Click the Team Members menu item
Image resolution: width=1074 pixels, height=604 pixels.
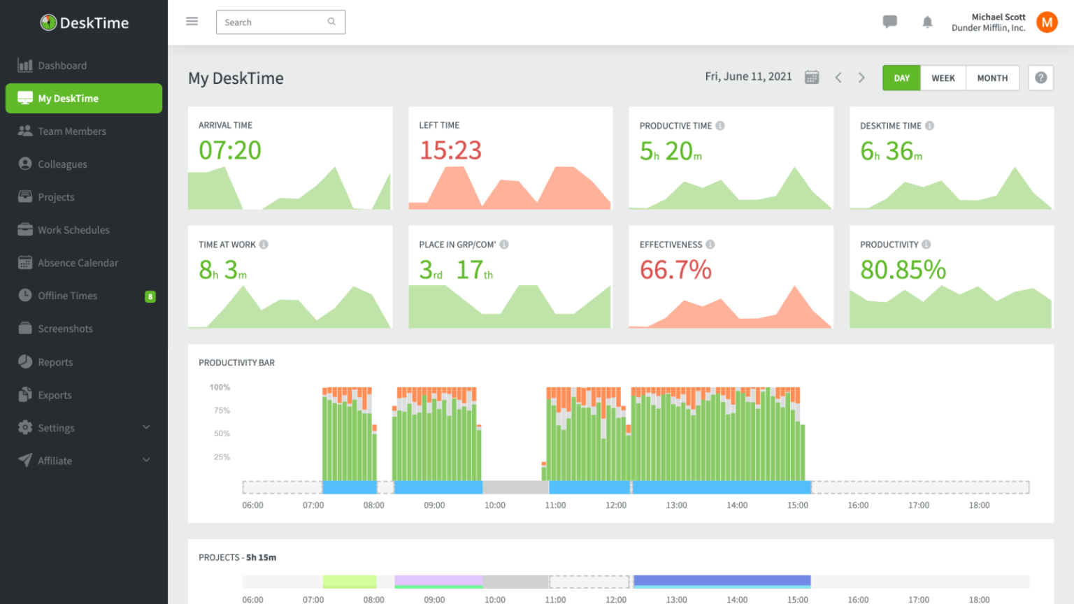[x=71, y=131]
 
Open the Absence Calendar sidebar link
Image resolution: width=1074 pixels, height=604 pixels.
[x=78, y=263]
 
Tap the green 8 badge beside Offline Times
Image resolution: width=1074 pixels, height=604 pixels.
[x=150, y=296]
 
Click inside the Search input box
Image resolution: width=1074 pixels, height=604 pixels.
[x=273, y=22]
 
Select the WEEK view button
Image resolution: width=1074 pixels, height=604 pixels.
[x=943, y=78]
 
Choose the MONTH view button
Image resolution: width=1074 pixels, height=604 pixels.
[x=992, y=78]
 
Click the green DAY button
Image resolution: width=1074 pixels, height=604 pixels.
[x=901, y=78]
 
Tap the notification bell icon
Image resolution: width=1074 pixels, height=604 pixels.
[x=927, y=22]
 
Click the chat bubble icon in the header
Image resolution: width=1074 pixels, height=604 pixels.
[x=889, y=22]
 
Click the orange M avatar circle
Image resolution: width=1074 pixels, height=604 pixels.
[x=1046, y=22]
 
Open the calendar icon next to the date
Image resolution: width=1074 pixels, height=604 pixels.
[x=811, y=77]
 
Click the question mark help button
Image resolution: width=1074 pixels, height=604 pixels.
[x=1040, y=78]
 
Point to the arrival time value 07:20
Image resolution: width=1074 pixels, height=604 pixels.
[x=230, y=150]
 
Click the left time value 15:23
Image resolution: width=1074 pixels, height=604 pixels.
[x=450, y=150]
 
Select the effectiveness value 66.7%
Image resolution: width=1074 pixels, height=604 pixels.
[x=675, y=270]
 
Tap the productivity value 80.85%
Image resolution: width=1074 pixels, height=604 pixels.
[x=903, y=270]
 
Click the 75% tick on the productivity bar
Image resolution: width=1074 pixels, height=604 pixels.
[x=222, y=410]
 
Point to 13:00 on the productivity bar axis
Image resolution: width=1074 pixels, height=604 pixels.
[x=676, y=505]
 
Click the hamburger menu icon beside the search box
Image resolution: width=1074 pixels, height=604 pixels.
[x=192, y=22]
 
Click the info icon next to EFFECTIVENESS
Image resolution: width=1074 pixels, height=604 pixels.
[x=710, y=245]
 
